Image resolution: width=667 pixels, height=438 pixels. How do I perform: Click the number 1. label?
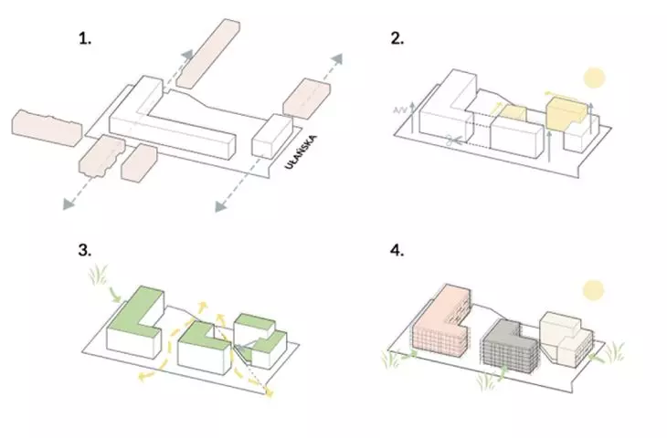pyautogui.click(x=85, y=38)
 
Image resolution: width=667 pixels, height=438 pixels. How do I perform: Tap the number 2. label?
pyautogui.click(x=397, y=38)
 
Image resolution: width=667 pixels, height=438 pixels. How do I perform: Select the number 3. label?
pyautogui.click(x=85, y=250)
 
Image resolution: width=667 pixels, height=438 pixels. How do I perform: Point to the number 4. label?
pyautogui.click(x=397, y=250)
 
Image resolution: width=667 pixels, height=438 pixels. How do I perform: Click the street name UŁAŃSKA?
pyautogui.click(x=302, y=152)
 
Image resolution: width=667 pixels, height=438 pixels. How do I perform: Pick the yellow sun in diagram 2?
pyautogui.click(x=594, y=78)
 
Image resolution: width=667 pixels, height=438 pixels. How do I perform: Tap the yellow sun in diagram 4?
pyautogui.click(x=593, y=290)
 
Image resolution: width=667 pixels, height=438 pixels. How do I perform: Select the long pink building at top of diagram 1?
pyautogui.click(x=208, y=54)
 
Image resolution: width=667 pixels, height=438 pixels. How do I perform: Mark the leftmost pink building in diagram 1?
pyautogui.click(x=47, y=128)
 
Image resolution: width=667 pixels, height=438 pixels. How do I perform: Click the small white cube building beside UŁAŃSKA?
pyautogui.click(x=272, y=136)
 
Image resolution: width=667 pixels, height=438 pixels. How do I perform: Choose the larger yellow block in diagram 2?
pyautogui.click(x=566, y=112)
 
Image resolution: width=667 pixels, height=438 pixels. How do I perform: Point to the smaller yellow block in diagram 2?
pyautogui.click(x=513, y=113)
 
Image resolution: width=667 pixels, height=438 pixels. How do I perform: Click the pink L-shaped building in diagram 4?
pyautogui.click(x=441, y=321)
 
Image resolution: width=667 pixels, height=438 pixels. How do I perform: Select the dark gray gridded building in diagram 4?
pyautogui.click(x=509, y=347)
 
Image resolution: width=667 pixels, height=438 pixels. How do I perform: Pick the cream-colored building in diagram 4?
pyautogui.click(x=566, y=339)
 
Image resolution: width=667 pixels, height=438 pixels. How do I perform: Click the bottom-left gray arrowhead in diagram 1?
pyautogui.click(x=69, y=203)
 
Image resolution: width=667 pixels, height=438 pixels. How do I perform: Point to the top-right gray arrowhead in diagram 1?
pyautogui.click(x=336, y=59)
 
